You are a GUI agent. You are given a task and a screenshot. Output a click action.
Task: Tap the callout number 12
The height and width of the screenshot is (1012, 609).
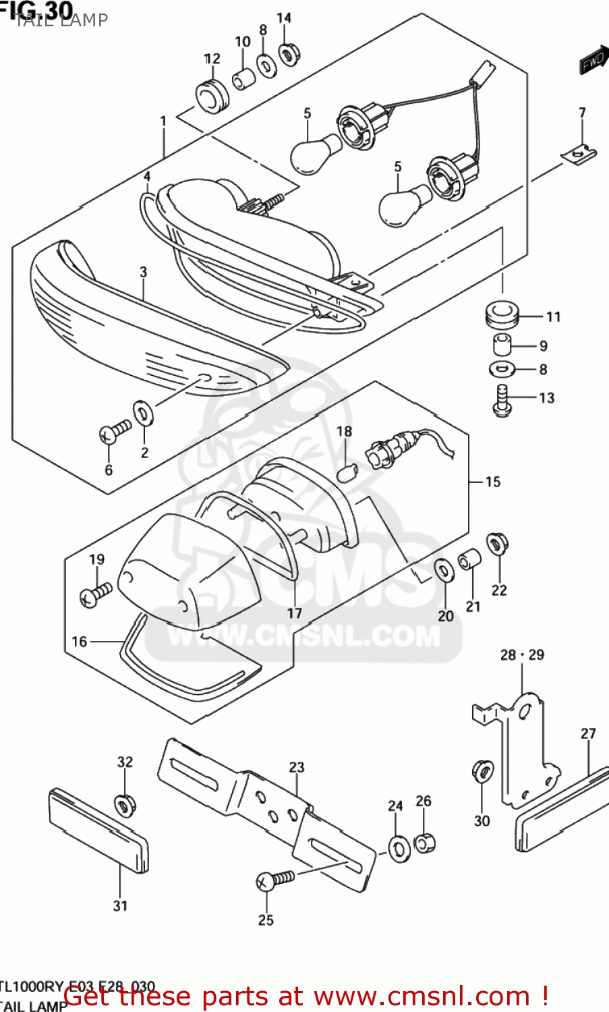pos(212,59)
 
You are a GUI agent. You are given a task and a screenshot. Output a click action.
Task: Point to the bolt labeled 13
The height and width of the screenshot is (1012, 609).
pos(501,399)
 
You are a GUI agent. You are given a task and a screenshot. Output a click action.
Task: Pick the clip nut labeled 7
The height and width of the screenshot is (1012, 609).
pos(579,154)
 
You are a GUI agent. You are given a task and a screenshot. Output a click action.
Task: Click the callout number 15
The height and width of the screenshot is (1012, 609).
pos(493,482)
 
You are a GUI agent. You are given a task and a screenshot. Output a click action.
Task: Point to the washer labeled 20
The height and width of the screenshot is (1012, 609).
pos(444,570)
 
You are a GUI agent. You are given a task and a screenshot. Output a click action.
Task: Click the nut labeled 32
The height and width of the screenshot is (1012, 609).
pos(124,804)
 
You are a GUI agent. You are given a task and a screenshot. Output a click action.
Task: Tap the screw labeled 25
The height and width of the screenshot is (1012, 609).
pos(276,879)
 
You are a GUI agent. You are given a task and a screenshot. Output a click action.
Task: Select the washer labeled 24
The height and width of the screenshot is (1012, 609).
pos(398,847)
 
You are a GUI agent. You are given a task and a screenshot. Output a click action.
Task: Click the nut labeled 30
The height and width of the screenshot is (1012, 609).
pos(482,771)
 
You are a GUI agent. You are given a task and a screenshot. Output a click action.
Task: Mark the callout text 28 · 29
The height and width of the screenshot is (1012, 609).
pos(522,654)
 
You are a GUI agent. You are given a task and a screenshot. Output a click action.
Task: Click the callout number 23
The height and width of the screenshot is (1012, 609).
pos(297,767)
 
